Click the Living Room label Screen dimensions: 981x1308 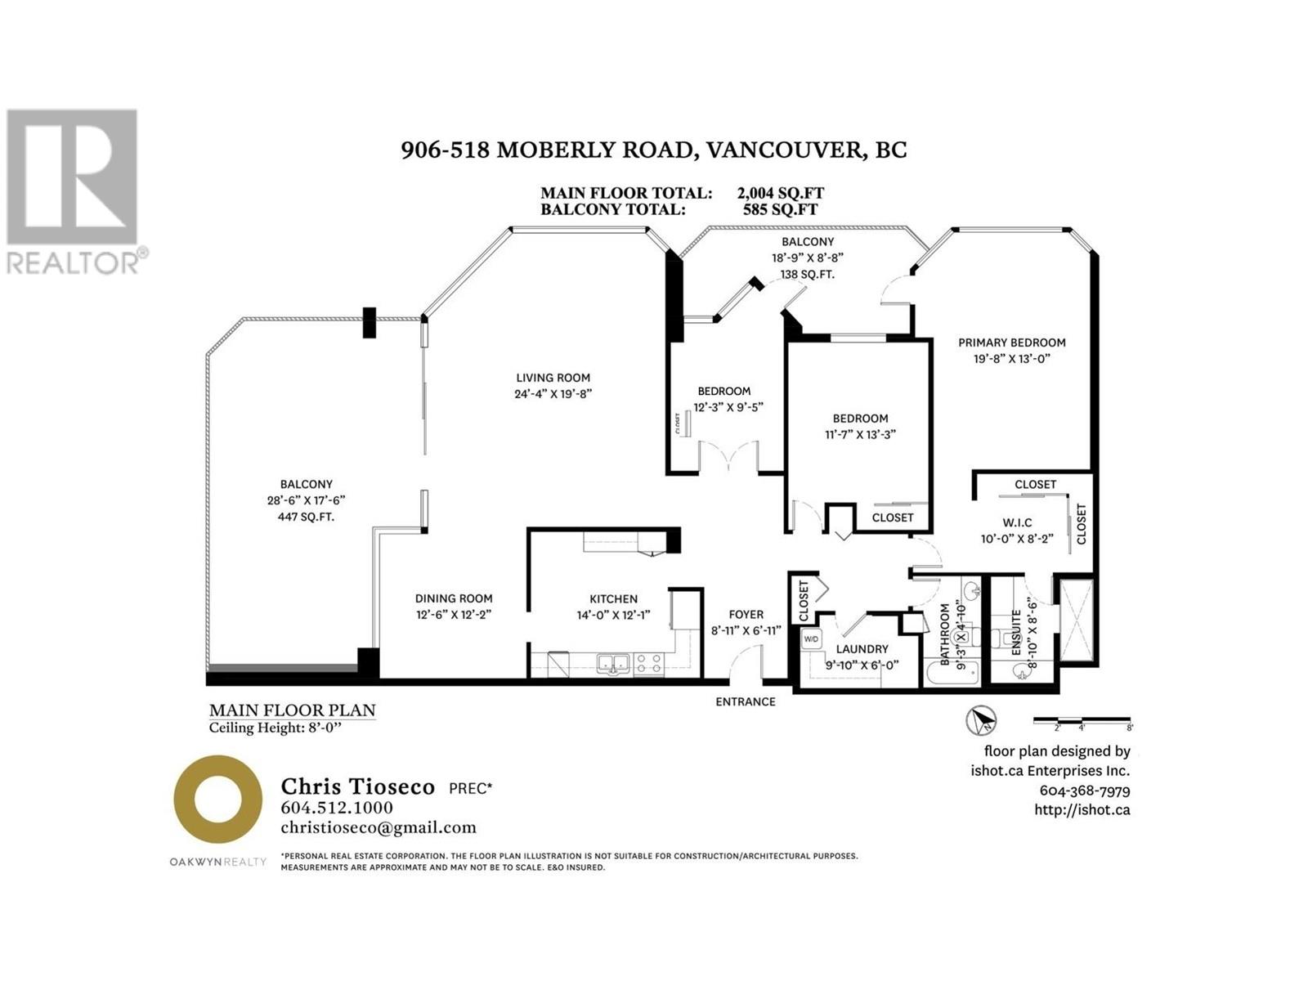(x=553, y=378)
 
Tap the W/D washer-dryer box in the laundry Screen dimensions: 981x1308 (x=811, y=638)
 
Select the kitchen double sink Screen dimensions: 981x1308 (x=612, y=662)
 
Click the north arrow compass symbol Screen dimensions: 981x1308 (x=981, y=720)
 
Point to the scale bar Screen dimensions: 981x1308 (x=1082, y=721)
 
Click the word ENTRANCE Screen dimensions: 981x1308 (x=745, y=701)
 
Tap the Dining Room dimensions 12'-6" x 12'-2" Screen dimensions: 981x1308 (x=453, y=615)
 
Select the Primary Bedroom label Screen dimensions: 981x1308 (x=1011, y=343)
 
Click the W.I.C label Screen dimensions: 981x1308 (x=1017, y=522)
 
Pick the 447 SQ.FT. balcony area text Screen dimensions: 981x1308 (x=306, y=517)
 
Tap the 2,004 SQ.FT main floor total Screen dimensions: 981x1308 (x=780, y=193)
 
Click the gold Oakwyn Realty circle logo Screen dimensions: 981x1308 (x=217, y=799)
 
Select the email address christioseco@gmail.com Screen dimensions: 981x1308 (x=378, y=827)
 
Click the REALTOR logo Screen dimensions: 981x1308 (x=74, y=191)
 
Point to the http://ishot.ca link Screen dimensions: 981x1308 (x=1082, y=809)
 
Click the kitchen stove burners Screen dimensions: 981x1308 (x=649, y=662)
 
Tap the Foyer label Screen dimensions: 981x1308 (x=746, y=615)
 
